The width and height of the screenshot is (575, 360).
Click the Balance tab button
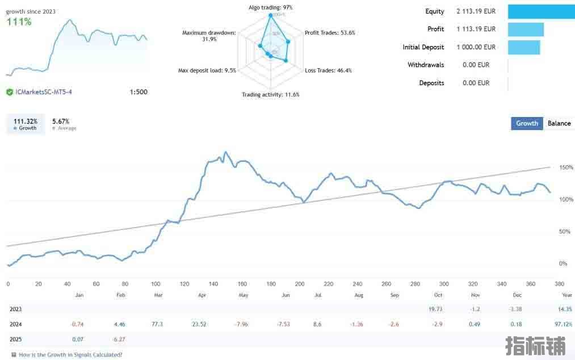(559, 123)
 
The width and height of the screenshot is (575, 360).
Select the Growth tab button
(527, 123)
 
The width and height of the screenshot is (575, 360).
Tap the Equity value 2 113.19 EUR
(476, 11)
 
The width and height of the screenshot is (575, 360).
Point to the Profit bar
(526, 30)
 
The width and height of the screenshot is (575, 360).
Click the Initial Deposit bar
(523, 47)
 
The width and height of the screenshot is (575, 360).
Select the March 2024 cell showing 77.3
(157, 324)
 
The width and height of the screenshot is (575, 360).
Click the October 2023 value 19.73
(435, 309)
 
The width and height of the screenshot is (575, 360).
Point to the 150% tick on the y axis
(566, 168)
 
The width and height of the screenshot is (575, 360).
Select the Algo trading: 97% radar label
(271, 7)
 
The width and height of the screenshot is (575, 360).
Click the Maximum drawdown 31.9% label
(208, 36)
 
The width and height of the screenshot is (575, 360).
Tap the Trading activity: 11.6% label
(270, 95)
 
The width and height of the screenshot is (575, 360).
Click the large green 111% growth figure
(19, 22)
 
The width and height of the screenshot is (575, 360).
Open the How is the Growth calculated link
(70, 355)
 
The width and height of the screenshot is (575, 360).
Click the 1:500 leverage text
(138, 92)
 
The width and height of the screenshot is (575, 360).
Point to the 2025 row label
(16, 340)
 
